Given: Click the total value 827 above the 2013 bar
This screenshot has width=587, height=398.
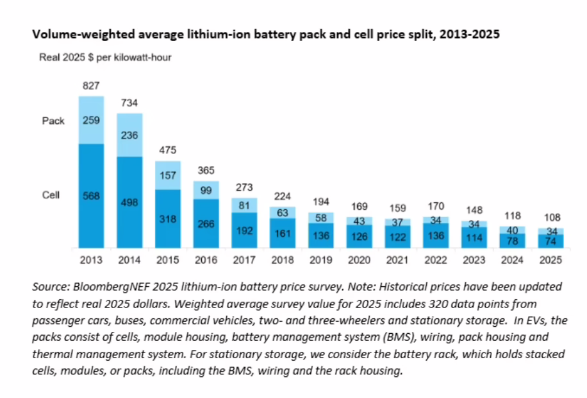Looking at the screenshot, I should (x=91, y=85).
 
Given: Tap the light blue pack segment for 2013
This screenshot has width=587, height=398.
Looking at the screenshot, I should (x=91, y=120).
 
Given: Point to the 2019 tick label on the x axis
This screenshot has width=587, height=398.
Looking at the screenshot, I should (x=320, y=261).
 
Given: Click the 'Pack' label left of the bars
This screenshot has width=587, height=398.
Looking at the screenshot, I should (x=53, y=121).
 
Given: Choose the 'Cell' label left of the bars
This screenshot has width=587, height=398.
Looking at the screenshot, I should (x=51, y=195).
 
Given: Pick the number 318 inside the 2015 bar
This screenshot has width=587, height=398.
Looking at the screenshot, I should (x=168, y=218).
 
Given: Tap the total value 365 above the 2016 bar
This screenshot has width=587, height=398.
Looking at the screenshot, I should (x=206, y=170).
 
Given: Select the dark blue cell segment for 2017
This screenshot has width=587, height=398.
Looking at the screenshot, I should (x=244, y=230).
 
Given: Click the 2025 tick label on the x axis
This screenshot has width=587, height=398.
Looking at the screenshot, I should (x=550, y=261).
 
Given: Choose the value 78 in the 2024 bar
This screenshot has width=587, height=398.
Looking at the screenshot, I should (x=512, y=241).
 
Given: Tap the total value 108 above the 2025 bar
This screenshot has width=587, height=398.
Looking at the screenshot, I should (x=550, y=217).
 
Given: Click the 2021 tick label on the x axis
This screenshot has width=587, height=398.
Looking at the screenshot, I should (x=397, y=261).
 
